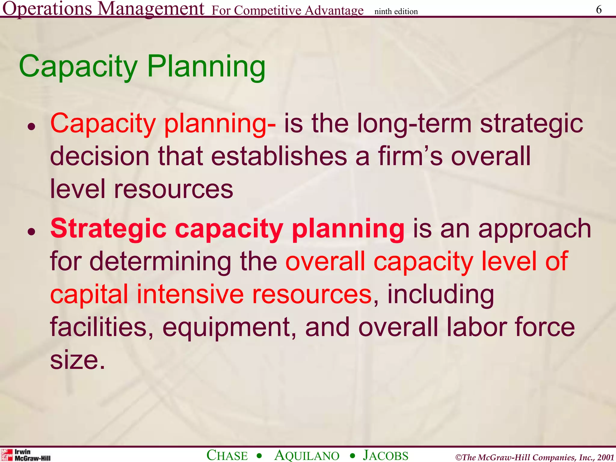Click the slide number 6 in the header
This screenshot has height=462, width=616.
coord(599,10)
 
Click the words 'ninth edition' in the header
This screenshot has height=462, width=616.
coord(396,11)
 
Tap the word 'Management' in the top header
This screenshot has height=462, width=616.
coord(151,9)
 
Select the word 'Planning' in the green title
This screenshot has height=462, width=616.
coord(206,67)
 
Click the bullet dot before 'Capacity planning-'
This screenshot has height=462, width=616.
coord(32,127)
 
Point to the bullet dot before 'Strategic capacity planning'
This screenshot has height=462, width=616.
coord(32,232)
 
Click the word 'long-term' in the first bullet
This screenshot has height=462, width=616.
coord(414,124)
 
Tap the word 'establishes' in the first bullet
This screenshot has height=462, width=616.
coord(279,156)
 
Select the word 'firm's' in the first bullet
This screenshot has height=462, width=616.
coord(410,156)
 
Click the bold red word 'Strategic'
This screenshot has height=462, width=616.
coord(108,229)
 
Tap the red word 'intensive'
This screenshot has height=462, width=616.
coord(190,294)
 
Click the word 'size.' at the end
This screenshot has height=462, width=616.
coord(78,360)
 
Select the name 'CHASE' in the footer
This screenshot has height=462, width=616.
coord(227,455)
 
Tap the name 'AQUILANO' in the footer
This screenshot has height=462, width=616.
coord(307,455)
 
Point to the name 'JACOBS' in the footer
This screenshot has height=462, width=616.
coord(386,455)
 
